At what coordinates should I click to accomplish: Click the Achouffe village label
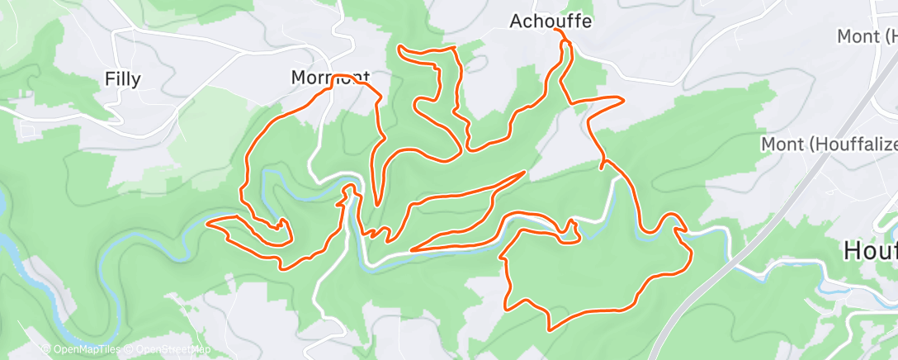point(550,21)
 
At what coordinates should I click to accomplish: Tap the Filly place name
point(122,79)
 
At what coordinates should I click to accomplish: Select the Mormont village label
point(329,78)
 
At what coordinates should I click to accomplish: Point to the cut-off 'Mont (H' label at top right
point(867,36)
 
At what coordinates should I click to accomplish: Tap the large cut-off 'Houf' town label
point(870,251)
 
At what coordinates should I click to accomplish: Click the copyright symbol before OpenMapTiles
point(45,349)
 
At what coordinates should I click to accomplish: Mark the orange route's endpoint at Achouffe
point(558,30)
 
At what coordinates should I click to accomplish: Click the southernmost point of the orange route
point(550,329)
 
